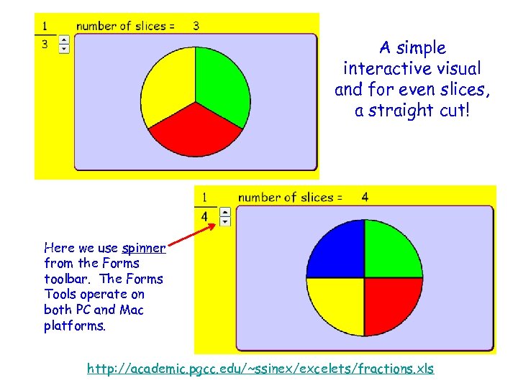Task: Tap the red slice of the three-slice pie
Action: (x=196, y=133)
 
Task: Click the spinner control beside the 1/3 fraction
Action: (x=64, y=44)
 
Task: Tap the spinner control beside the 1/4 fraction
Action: (x=225, y=216)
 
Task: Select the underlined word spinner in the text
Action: (x=144, y=249)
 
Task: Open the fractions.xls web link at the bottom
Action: (x=260, y=369)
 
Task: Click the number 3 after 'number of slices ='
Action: (x=196, y=26)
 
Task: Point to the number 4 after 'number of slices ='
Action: (x=365, y=197)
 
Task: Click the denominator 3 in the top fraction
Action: (x=45, y=45)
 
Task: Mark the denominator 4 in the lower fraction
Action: (x=205, y=216)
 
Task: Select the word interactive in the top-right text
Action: (x=412, y=69)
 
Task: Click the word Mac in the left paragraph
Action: (x=132, y=310)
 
